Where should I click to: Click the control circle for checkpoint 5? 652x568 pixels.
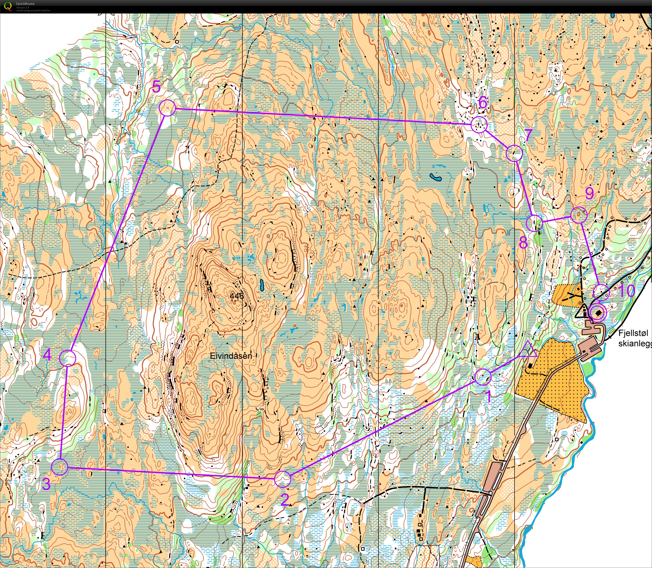167,108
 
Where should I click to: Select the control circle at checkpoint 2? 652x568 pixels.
282,479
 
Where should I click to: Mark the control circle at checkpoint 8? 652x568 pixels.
534,223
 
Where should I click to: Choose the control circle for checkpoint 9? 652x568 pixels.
579,215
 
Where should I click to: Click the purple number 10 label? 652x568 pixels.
626,291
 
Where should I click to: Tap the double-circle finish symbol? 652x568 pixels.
597,313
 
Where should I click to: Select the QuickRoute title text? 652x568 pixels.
25,4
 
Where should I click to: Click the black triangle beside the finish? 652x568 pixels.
582,311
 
